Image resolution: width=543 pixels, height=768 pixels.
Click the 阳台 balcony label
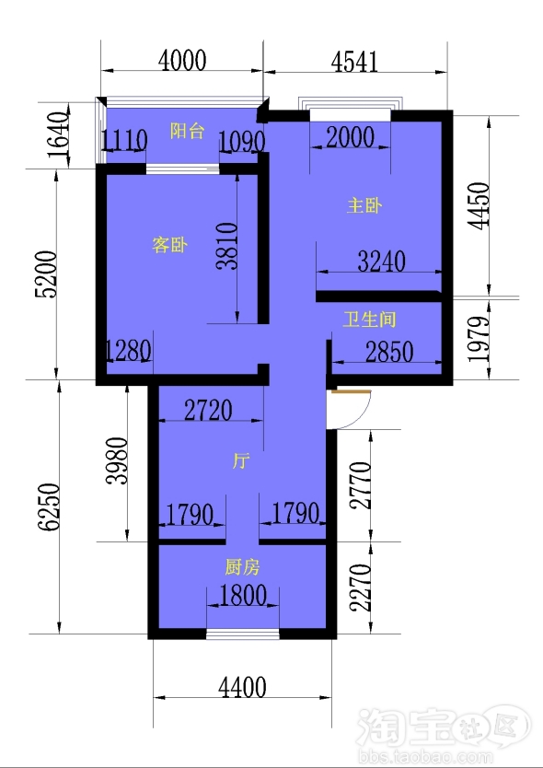pyautogui.click(x=187, y=132)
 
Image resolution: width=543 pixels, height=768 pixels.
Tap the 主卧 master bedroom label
pyautogui.click(x=364, y=205)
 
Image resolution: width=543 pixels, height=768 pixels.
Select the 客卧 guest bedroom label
pyautogui.click(x=169, y=244)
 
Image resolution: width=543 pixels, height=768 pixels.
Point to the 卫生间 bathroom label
pyautogui.click(x=369, y=320)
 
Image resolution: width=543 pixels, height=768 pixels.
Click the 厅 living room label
pyautogui.click(x=240, y=461)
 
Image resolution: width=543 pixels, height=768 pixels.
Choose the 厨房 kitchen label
pyautogui.click(x=242, y=567)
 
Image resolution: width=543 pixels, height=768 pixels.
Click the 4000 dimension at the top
pyautogui.click(x=182, y=60)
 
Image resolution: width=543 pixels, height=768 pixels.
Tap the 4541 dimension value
pyautogui.click(x=355, y=63)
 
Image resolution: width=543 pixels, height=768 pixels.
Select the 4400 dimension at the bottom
pyautogui.click(x=242, y=687)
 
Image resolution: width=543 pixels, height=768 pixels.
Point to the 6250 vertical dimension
pyautogui.click(x=50, y=507)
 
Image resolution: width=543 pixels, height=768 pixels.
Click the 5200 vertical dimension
pyautogui.click(x=46, y=274)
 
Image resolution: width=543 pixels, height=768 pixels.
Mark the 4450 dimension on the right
pyautogui.click(x=479, y=205)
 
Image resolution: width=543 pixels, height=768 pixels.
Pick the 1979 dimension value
pyautogui.click(x=479, y=339)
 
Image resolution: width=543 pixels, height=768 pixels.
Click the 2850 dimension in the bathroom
pyautogui.click(x=389, y=352)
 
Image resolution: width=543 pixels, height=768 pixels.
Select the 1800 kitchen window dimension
pyautogui.click(x=243, y=596)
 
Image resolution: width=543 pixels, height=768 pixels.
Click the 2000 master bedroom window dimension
pyautogui.click(x=350, y=137)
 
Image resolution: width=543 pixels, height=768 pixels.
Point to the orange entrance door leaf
pyautogui.click(x=351, y=391)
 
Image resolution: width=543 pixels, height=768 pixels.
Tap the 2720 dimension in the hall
pyautogui.click(x=208, y=411)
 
